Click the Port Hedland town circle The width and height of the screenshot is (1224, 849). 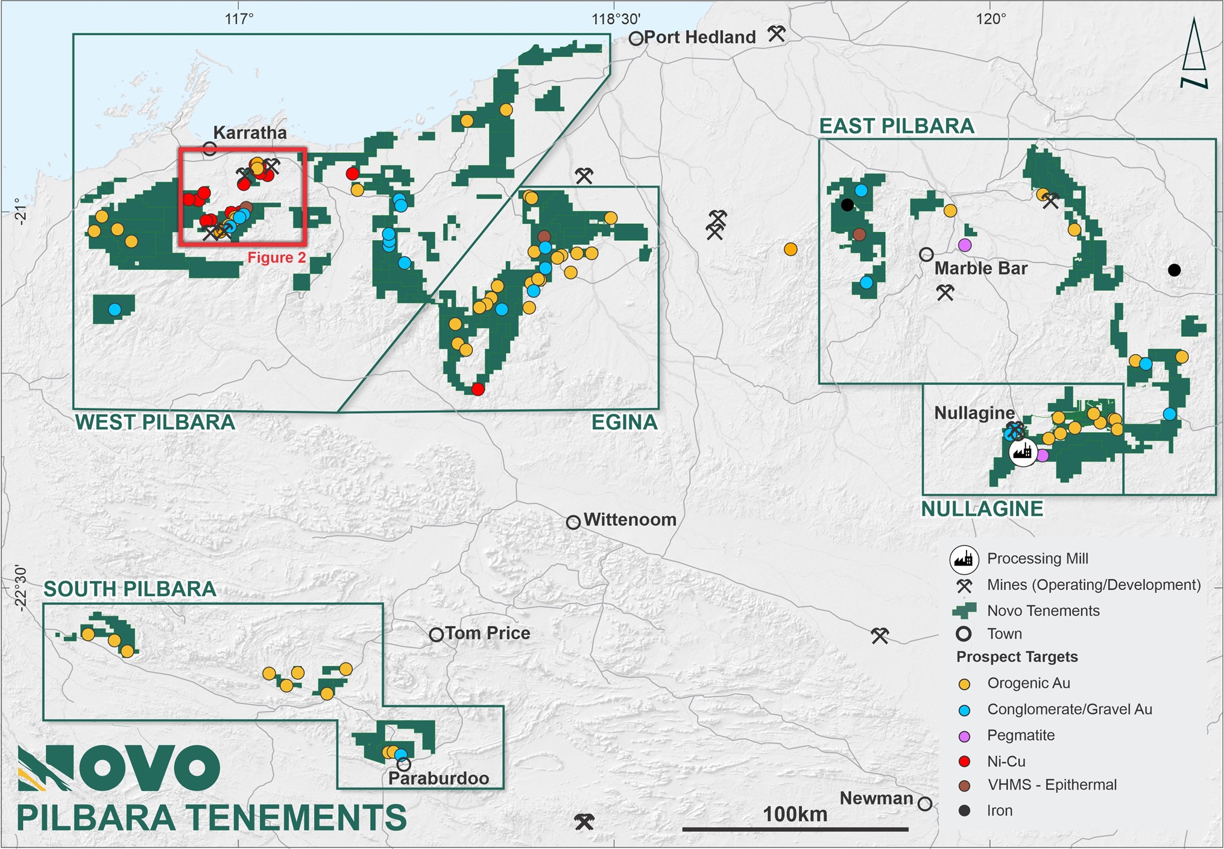click(x=636, y=39)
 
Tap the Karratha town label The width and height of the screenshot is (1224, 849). click(x=250, y=133)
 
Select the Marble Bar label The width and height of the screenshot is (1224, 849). click(x=980, y=269)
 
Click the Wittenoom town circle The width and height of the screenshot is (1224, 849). click(x=573, y=523)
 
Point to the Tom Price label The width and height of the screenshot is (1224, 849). click(x=488, y=633)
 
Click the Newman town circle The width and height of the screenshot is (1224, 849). click(x=924, y=804)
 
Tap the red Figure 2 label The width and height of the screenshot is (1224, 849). click(x=277, y=258)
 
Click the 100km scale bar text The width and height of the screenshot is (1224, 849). click(x=795, y=814)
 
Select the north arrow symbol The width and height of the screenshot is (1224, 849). click(x=1194, y=54)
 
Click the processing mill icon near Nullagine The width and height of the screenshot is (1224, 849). click(x=1023, y=452)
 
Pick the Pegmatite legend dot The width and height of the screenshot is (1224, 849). click(x=964, y=736)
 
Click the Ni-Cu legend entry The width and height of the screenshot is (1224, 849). click(x=1006, y=762)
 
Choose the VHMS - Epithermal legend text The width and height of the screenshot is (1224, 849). click(x=1052, y=785)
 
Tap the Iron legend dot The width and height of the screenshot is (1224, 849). click(x=964, y=811)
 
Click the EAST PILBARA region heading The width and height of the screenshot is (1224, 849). click(x=897, y=126)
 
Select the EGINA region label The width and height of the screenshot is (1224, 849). click(x=624, y=422)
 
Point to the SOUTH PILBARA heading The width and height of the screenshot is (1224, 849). click(x=130, y=589)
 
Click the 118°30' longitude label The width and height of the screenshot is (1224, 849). click(x=615, y=19)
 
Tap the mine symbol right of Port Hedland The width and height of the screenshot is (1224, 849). click(x=777, y=34)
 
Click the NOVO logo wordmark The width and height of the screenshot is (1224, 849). click(x=119, y=768)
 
